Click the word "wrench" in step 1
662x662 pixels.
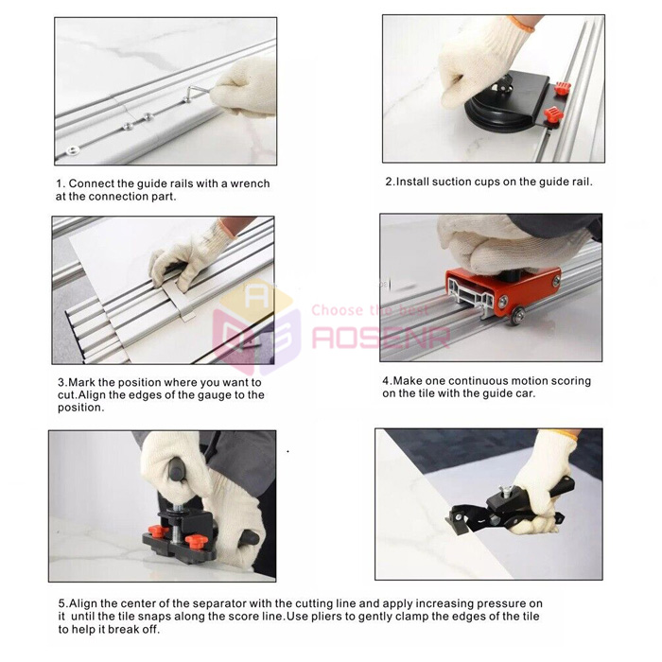pyautogui.click(x=250, y=183)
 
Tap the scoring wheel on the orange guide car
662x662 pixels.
pyautogui.click(x=518, y=316)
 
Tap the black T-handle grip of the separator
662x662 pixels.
pyautogui.click(x=175, y=471)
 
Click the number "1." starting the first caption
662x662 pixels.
pyautogui.click(x=61, y=183)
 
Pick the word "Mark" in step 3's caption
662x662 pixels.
pyautogui.click(x=82, y=382)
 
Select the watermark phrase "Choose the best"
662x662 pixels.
pyautogui.click(x=370, y=310)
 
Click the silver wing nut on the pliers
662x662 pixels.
pyautogui.click(x=506, y=491)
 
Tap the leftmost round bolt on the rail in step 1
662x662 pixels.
pyautogui.click(x=73, y=149)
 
